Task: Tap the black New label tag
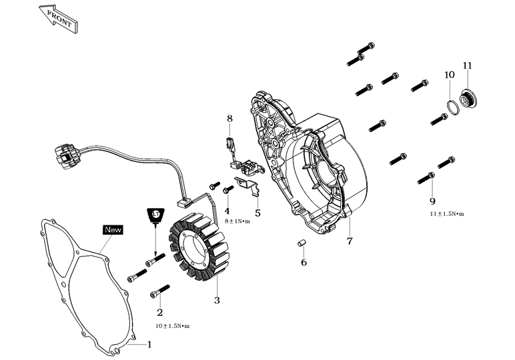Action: [113, 229]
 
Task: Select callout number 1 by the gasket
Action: [149, 345]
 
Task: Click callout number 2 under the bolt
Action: [159, 313]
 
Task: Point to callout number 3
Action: [217, 301]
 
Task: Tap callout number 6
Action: [304, 262]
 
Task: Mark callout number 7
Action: [349, 241]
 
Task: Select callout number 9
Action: [432, 201]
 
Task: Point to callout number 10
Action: [449, 75]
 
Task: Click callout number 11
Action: [467, 65]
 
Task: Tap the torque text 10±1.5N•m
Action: [172, 326]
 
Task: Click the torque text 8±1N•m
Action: [237, 221]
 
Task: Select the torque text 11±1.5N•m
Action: [446, 214]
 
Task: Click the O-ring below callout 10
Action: [453, 106]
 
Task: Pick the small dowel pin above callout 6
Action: [301, 243]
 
